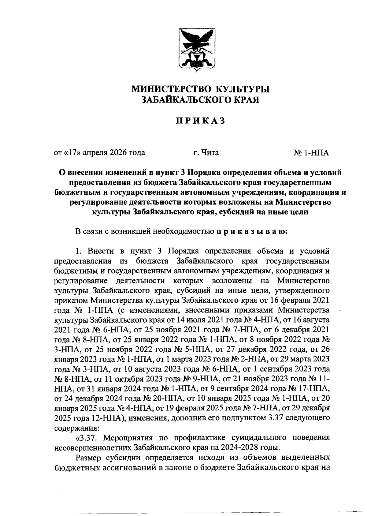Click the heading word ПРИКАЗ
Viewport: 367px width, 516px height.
click(200, 121)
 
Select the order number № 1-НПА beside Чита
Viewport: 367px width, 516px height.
click(311, 152)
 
